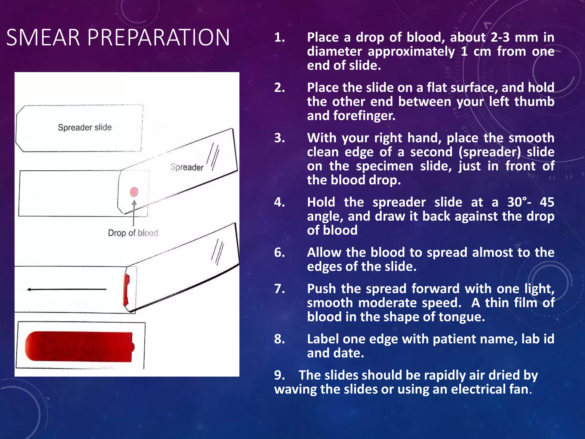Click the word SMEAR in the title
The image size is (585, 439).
click(x=43, y=38)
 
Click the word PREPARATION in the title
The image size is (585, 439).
click(x=159, y=38)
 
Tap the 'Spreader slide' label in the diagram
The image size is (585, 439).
click(x=85, y=127)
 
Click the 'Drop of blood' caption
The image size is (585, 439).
click(x=133, y=233)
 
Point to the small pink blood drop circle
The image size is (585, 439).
click(x=134, y=192)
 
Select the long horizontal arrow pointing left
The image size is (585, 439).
click(x=67, y=290)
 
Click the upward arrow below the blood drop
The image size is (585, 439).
click(x=134, y=213)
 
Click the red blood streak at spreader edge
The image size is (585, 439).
click(x=126, y=289)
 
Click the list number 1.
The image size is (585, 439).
click(x=279, y=38)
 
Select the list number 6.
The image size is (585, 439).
click(x=279, y=253)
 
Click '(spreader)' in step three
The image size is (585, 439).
click(x=490, y=152)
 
